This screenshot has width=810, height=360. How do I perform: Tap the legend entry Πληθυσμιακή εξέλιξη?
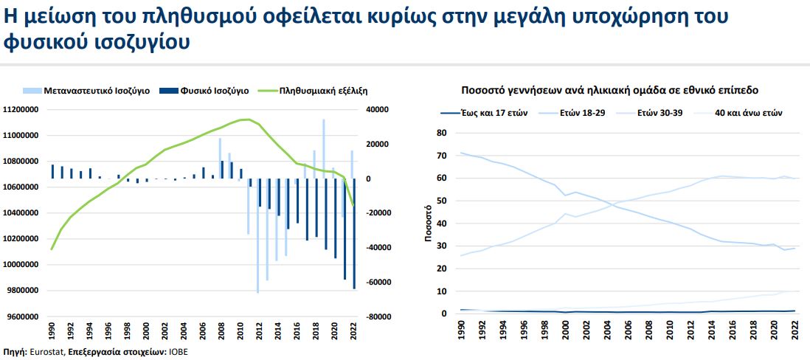coord(324,91)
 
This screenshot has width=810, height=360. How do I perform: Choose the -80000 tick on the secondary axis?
coord(378,316)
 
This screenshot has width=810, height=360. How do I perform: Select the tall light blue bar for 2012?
coord(258,235)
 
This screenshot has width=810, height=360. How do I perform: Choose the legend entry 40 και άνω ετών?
coord(748,113)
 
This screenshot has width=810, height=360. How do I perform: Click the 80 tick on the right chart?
coord(443,133)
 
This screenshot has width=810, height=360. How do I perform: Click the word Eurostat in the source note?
coord(46,352)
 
